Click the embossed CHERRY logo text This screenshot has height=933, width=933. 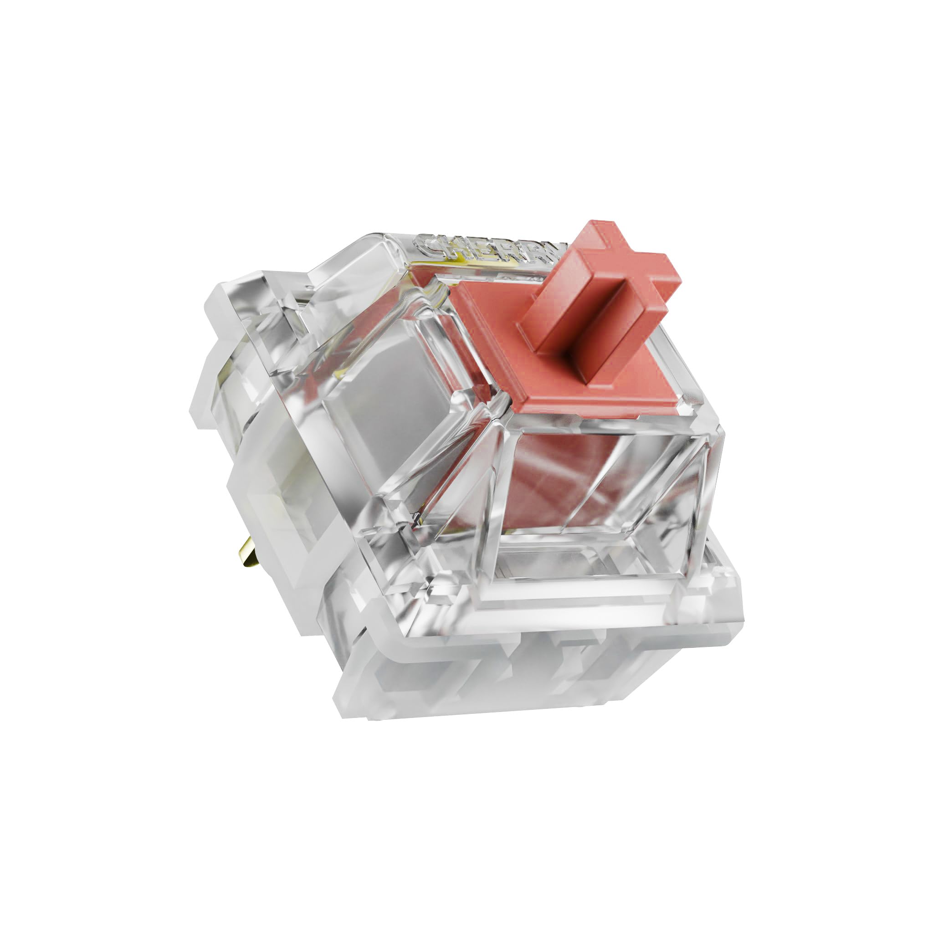(x=488, y=251)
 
